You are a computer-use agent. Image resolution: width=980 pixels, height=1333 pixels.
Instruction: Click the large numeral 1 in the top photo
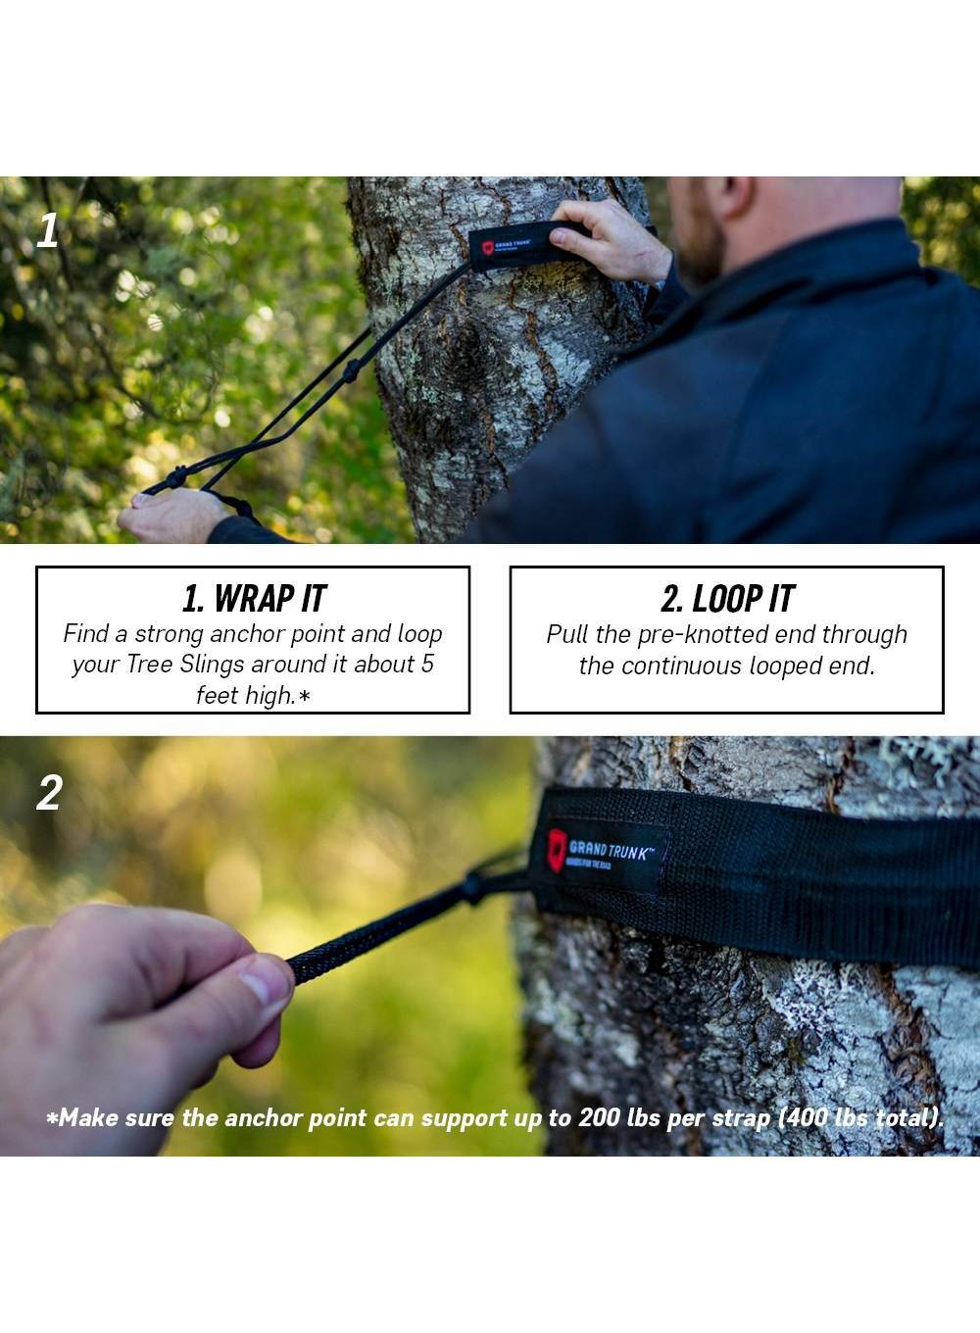coord(47,230)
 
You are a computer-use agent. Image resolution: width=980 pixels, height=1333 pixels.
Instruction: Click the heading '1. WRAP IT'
coord(254,599)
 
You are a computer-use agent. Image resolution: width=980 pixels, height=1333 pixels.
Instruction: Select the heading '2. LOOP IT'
coord(727,599)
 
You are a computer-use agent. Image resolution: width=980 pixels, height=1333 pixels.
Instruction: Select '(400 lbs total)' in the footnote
coord(860,1118)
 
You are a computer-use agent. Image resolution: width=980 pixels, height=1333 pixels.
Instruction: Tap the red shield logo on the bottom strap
coord(556,851)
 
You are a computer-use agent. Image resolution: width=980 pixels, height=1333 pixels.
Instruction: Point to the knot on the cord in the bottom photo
coord(471,888)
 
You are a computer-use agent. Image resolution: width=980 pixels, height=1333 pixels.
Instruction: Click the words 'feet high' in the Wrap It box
coord(246,695)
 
